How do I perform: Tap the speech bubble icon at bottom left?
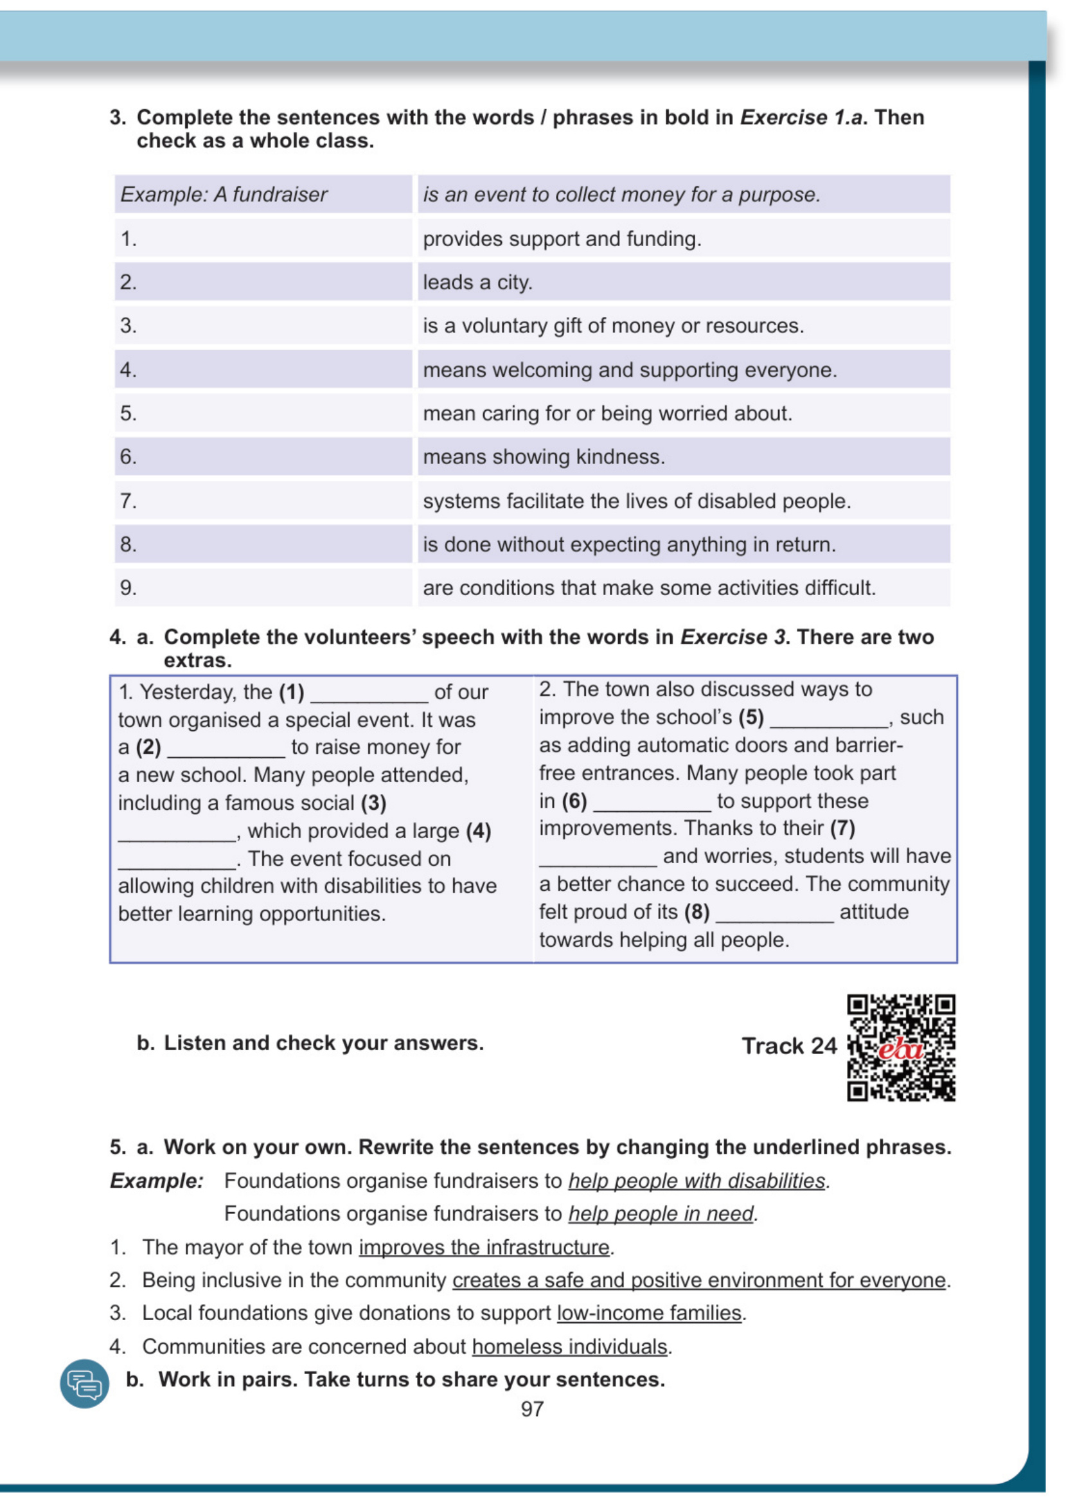coord(85,1383)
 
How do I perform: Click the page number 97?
coord(531,1408)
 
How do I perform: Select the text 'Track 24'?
coord(789,1046)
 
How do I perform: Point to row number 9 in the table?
coord(129,587)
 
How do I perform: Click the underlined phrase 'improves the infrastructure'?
coord(484,1248)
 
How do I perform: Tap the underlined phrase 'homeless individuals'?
coord(569,1347)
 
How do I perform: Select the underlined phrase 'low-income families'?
coord(649,1313)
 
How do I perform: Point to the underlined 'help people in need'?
coord(661,1214)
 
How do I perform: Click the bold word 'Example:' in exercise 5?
coord(157,1181)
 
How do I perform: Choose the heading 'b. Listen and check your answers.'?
coord(310,1043)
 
